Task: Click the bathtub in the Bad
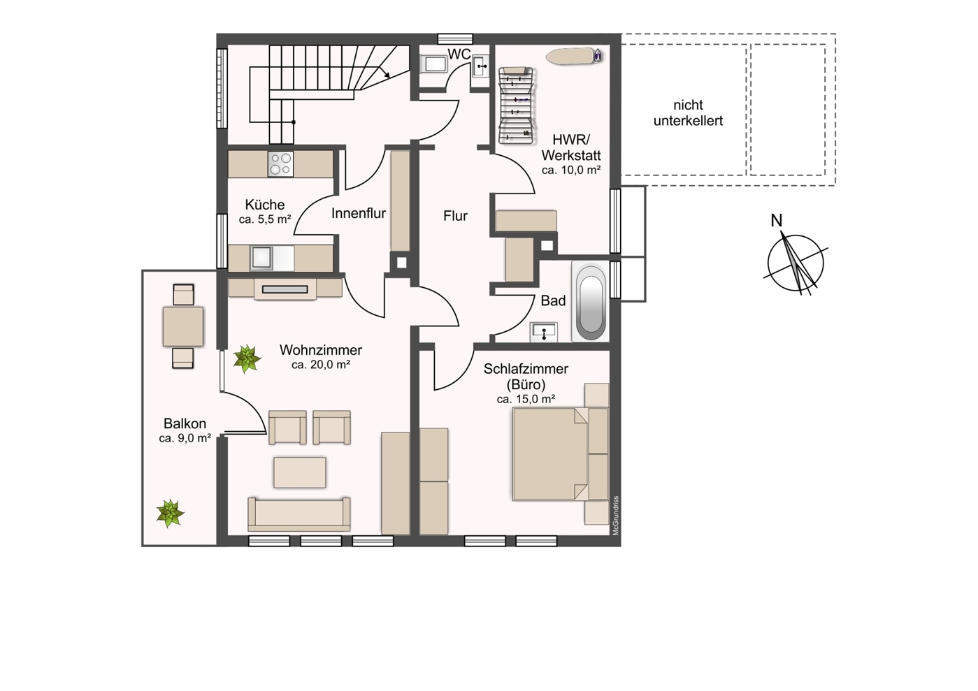pyautogui.click(x=591, y=301)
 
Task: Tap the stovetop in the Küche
pyautogui.click(x=280, y=164)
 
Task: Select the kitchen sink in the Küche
pyautogui.click(x=261, y=259)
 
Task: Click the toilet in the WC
pyautogui.click(x=433, y=64)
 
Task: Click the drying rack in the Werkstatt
pyautogui.click(x=517, y=106)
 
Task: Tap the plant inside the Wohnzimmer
pyautogui.click(x=247, y=358)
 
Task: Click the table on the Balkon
pyautogui.click(x=183, y=326)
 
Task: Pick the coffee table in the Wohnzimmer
pyautogui.click(x=299, y=472)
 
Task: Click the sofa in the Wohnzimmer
pyautogui.click(x=299, y=514)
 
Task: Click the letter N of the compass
pyautogui.click(x=776, y=221)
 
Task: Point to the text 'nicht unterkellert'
pyautogui.click(x=688, y=113)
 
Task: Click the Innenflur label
pyautogui.click(x=359, y=213)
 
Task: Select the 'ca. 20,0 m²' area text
pyautogui.click(x=321, y=365)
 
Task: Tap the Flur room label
pyautogui.click(x=455, y=216)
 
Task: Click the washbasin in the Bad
pyautogui.click(x=544, y=333)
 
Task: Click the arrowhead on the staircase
pyautogui.click(x=386, y=75)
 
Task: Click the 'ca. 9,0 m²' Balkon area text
pyautogui.click(x=185, y=438)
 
